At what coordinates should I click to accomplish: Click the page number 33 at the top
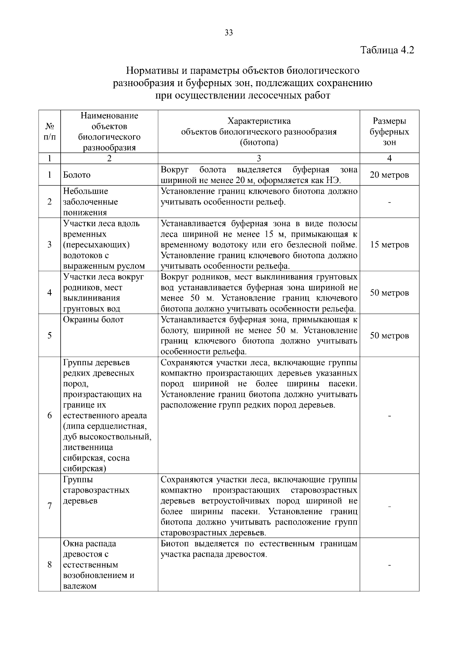click(x=229, y=33)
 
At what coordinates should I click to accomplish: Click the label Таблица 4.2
click(x=387, y=50)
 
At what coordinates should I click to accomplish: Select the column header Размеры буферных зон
click(x=389, y=132)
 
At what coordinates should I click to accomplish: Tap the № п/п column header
click(x=50, y=132)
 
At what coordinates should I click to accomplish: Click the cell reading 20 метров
click(x=389, y=175)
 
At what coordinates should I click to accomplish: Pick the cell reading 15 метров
click(x=389, y=245)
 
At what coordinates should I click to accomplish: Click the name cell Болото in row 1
click(x=77, y=175)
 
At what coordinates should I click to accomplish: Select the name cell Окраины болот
click(x=94, y=320)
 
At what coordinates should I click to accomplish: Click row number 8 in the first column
click(x=50, y=565)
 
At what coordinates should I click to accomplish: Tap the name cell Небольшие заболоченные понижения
click(x=90, y=202)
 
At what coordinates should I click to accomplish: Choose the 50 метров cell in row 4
click(x=389, y=293)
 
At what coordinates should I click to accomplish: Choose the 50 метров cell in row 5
click(x=389, y=336)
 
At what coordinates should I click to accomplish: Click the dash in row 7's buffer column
click(x=389, y=506)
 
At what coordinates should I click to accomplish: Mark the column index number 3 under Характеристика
click(x=259, y=159)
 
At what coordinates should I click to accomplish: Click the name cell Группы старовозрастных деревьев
click(x=96, y=490)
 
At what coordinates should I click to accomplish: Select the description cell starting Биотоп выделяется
click(x=259, y=549)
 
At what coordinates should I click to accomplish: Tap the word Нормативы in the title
click(x=151, y=71)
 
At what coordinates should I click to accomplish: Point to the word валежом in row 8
click(x=80, y=586)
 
